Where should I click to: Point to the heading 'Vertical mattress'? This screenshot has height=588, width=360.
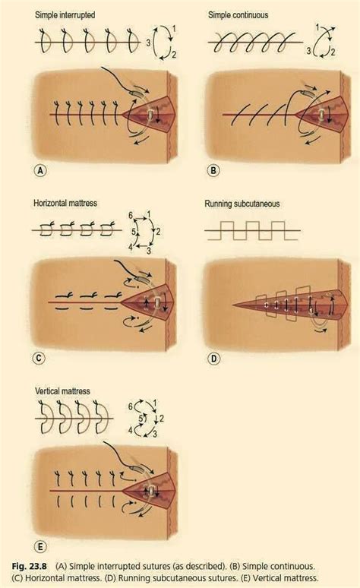pos(63,391)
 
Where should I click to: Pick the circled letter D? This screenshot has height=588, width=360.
pos(214,356)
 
